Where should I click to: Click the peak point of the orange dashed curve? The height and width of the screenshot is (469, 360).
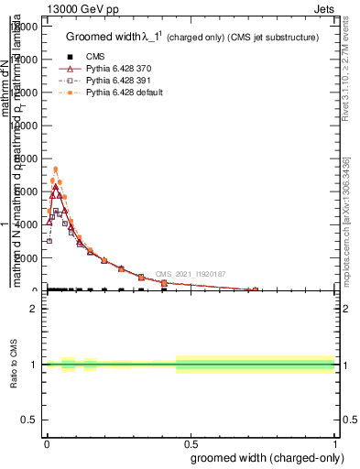click(x=55, y=169)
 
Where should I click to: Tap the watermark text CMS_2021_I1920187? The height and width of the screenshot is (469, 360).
click(x=191, y=274)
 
